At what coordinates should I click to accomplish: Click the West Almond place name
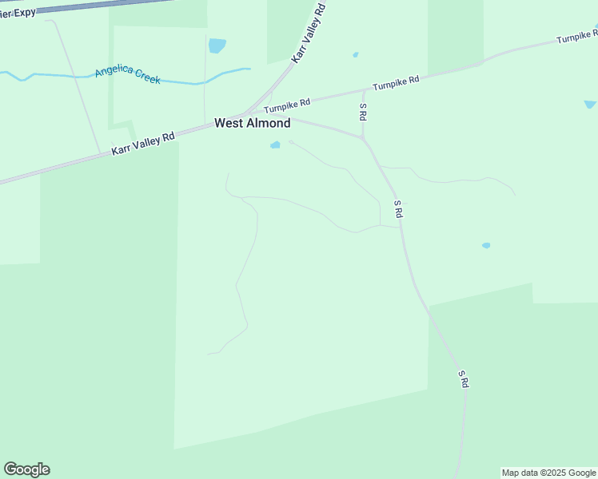pos(252,124)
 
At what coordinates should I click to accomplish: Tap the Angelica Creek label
pos(127,75)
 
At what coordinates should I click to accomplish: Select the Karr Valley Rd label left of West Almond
pos(142,144)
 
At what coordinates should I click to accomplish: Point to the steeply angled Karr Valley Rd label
pos(309,33)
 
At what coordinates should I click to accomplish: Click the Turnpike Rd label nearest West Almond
pos(287,105)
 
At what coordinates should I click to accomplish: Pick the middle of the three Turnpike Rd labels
pos(396,83)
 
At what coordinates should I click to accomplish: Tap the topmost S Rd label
pos(363,112)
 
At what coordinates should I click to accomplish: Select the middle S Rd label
pos(397,210)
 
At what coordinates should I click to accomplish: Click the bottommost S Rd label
pos(463,378)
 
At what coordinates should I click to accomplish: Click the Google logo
pos(26,469)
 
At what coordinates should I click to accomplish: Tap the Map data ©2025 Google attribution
pos(548,473)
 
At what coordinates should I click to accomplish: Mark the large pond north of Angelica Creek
pos(217,46)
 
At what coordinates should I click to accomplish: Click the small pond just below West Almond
pos(275,145)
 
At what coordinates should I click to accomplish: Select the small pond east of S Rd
pos(486,245)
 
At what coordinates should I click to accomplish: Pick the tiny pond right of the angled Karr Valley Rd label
pos(355,55)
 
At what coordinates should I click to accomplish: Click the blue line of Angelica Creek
pos(48,76)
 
